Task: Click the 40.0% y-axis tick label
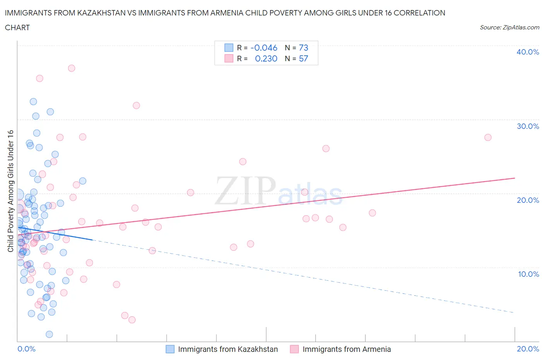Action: point(527,52)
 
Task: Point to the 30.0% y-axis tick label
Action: point(527,126)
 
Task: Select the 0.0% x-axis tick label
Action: point(26,349)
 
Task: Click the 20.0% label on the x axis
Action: point(528,349)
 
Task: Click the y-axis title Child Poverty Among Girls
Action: point(10,191)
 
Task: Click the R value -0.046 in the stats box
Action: point(264,48)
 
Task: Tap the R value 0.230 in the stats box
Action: point(266,58)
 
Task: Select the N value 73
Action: point(303,48)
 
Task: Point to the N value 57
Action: point(303,58)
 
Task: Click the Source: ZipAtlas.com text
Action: point(509,27)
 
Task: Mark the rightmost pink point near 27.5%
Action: point(488,137)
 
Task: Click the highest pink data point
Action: point(72,68)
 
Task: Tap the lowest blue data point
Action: point(49,334)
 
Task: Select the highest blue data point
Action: point(33,102)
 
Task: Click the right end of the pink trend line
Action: point(515,178)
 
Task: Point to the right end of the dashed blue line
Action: point(514,312)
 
